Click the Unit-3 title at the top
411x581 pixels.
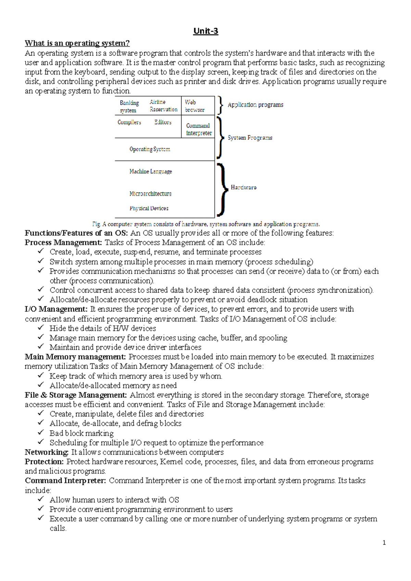point(206,31)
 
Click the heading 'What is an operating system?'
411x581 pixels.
point(77,43)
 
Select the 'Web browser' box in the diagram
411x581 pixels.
point(195,106)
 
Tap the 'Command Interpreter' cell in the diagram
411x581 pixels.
point(199,129)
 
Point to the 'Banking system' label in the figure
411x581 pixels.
point(129,106)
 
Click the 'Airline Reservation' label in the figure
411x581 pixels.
point(163,106)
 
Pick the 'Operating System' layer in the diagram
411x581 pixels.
point(150,149)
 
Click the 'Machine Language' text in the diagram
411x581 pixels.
point(150,171)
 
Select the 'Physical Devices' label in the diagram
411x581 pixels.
point(149,208)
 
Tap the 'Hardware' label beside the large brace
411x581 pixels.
point(244,188)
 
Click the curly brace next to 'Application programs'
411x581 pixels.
point(221,105)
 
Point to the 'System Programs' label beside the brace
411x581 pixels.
point(250,138)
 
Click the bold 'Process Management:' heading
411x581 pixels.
point(63,243)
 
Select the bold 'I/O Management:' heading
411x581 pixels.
point(56,309)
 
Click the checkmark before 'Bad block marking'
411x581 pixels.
point(41,432)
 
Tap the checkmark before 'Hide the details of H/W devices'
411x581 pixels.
point(41,327)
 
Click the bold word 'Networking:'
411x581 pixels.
point(47,452)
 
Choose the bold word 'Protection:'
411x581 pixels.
point(44,462)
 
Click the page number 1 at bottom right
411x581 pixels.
point(384,543)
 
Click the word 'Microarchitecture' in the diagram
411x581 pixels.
point(150,194)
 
